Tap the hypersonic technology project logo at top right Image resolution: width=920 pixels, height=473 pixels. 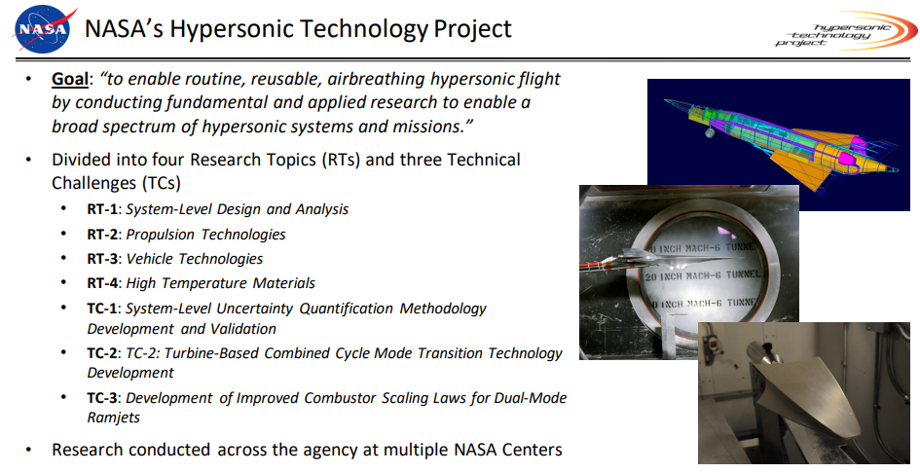(x=845, y=30)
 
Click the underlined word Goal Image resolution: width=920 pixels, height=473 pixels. (x=70, y=79)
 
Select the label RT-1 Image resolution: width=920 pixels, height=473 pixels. (x=102, y=209)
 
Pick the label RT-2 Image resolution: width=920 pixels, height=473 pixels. (x=102, y=235)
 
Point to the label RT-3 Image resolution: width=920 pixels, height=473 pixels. (x=102, y=259)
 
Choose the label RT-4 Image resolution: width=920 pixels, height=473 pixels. (x=102, y=283)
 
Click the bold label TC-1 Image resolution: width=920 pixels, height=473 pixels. (x=102, y=309)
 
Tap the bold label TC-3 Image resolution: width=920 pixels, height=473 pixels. (x=102, y=398)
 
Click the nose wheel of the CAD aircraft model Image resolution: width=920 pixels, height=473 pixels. (x=710, y=133)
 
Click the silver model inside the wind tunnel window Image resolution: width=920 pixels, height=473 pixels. (x=669, y=259)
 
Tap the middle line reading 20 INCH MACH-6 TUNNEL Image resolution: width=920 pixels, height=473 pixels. (x=703, y=274)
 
